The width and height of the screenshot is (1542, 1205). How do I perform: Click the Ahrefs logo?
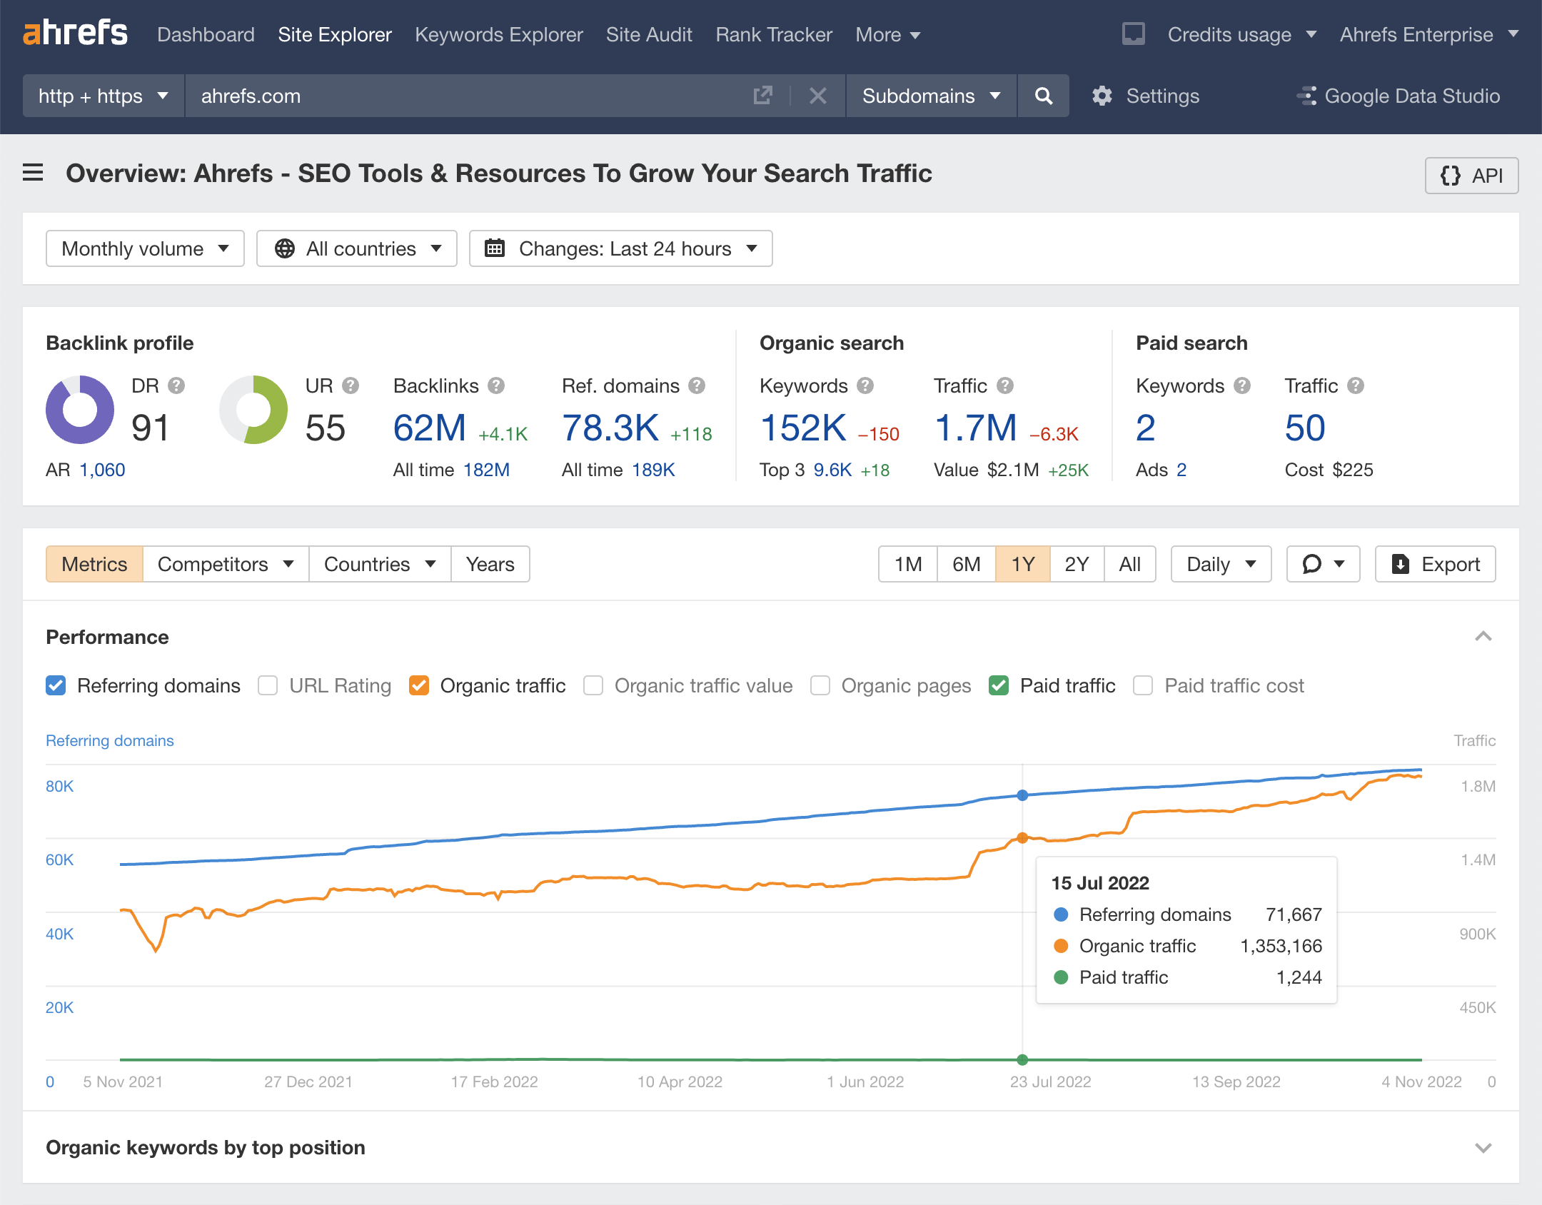(75, 34)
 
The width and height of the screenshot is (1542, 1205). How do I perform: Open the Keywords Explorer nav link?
(498, 34)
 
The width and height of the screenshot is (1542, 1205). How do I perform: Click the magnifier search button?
(1043, 96)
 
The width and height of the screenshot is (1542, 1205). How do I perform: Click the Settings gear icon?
(1102, 96)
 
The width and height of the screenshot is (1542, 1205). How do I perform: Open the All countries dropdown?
(357, 248)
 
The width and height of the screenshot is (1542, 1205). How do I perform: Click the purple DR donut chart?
(80, 410)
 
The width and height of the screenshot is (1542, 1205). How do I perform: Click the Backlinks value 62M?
(429, 428)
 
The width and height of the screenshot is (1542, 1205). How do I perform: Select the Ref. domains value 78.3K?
(610, 428)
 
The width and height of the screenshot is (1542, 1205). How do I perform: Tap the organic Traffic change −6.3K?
(1054, 434)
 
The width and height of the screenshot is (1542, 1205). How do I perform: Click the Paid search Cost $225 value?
(1352, 470)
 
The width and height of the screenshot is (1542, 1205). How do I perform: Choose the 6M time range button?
(966, 564)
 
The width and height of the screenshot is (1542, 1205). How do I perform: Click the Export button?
(1435, 564)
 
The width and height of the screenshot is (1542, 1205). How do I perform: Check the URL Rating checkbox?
(268, 685)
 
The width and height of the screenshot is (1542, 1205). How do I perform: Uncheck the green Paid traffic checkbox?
(999, 685)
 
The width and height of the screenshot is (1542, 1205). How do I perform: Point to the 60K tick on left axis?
(59, 859)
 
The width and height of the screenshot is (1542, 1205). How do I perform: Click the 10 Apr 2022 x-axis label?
(680, 1082)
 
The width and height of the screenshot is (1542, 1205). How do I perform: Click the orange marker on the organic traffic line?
(1022, 837)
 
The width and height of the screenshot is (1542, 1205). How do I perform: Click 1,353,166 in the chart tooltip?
(1281, 946)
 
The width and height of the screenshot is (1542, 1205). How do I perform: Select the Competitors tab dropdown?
(226, 564)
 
